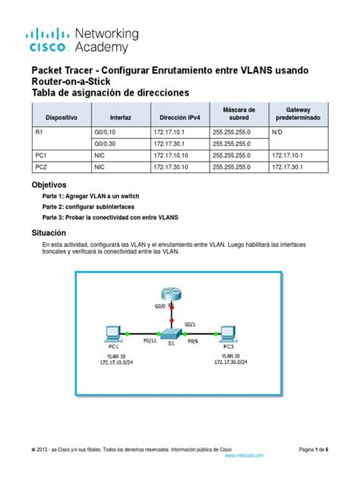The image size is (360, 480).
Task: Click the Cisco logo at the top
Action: tap(49, 40)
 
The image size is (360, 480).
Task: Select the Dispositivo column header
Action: tap(61, 119)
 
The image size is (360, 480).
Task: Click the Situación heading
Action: tap(55, 232)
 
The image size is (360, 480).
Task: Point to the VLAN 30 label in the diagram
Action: tap(230, 355)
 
